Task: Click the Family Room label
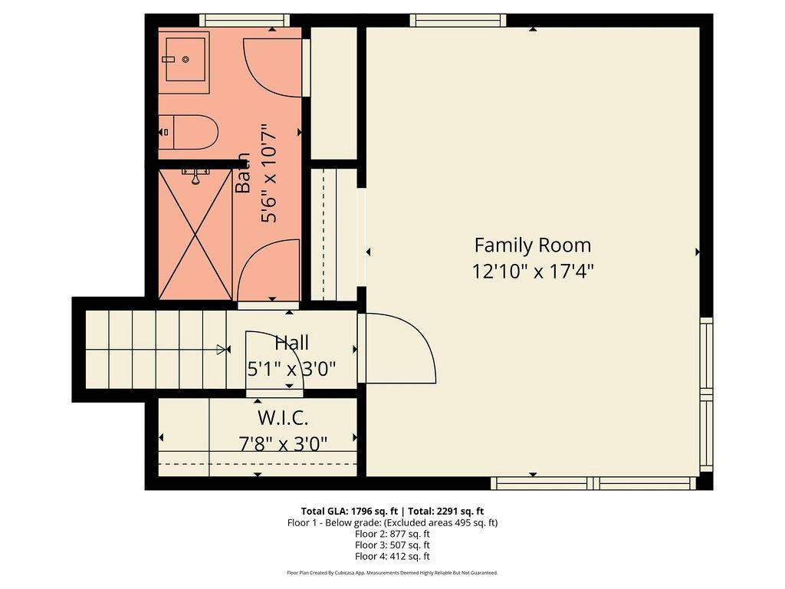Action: [532, 245]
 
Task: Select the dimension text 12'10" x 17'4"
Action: [532, 271]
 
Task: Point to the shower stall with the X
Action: [195, 234]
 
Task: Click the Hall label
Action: [291, 343]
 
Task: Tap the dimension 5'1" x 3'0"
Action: [291, 369]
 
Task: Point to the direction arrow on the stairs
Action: [222, 350]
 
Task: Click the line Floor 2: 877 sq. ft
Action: [392, 534]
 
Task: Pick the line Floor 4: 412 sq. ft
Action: [392, 556]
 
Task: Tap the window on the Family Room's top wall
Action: [458, 20]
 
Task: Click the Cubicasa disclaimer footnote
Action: [392, 573]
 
